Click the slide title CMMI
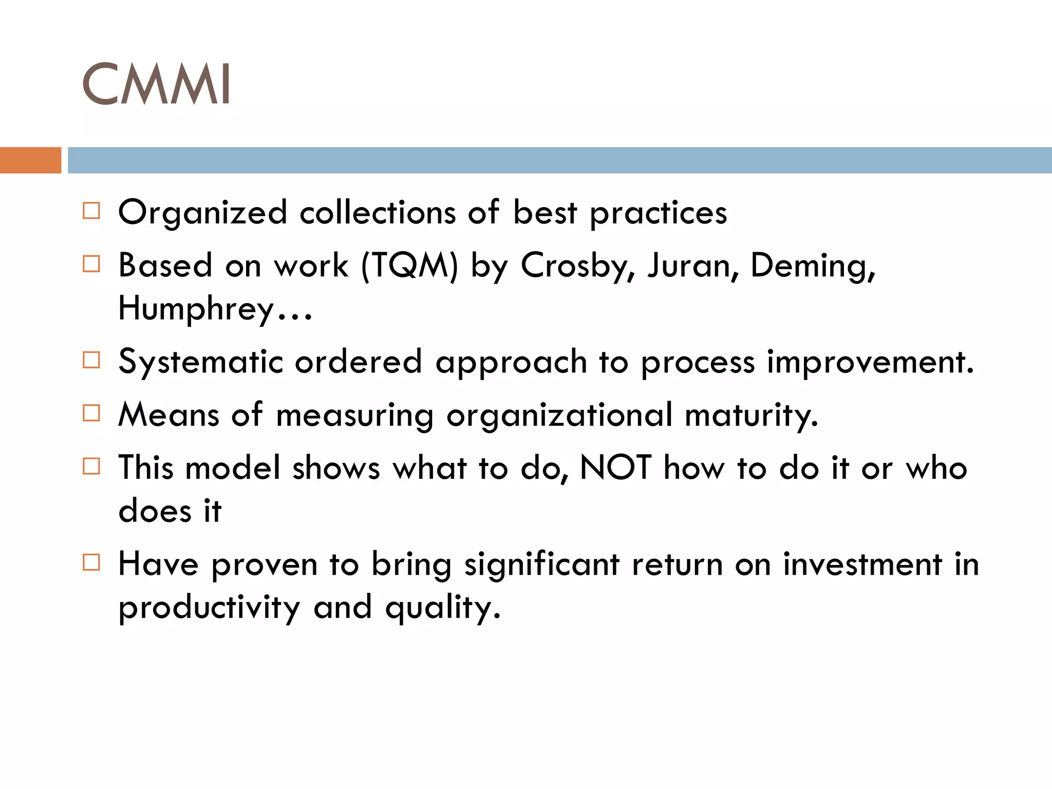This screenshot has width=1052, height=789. (156, 84)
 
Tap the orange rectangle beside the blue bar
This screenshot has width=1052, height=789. (30, 160)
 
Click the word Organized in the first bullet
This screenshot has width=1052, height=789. (202, 213)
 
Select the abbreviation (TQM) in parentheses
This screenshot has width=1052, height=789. (409, 266)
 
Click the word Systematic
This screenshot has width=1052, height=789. (200, 362)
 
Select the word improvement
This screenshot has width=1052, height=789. (870, 362)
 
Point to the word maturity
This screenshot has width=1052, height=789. (751, 415)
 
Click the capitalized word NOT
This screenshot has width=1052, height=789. (616, 467)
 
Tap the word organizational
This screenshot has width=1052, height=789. (559, 415)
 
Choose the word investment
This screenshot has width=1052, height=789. (863, 564)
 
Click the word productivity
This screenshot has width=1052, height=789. (209, 608)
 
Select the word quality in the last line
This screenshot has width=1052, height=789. (442, 608)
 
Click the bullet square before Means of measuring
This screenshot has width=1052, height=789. (91, 413)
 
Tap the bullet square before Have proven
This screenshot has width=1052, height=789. (91, 562)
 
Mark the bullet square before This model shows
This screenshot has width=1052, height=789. (91, 466)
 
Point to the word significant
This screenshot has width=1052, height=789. (542, 565)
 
